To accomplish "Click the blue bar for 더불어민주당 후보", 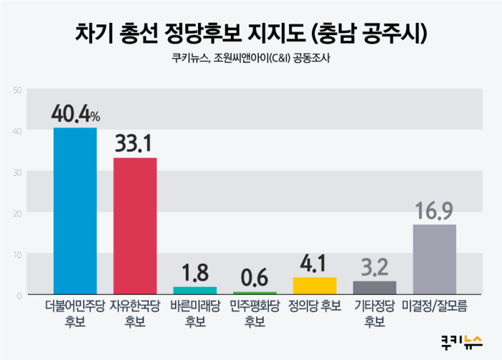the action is [75, 211].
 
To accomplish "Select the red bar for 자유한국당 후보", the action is [135, 226].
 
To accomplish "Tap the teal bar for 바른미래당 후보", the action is [195, 290].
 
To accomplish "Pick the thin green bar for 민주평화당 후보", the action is [255, 293].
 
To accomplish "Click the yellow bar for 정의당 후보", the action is [315, 285].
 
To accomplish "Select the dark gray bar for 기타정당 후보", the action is [374, 288].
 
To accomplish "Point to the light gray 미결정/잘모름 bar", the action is [435, 259].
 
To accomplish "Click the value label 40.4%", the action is [75, 114].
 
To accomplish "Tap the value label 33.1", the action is [133, 143].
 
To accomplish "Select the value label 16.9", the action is [434, 210].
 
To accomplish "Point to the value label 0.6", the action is [255, 278].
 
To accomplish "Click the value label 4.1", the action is [313, 264].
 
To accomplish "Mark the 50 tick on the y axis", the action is [17, 90].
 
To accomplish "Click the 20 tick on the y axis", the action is [17, 214].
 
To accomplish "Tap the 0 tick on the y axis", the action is [19, 296].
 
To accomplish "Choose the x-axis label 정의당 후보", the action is [315, 306].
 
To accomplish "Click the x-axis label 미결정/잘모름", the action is [435, 306].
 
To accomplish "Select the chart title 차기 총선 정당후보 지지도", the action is [190, 33].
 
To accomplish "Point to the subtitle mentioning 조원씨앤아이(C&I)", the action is [251, 58].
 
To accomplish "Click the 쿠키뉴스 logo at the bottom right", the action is [461, 342].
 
